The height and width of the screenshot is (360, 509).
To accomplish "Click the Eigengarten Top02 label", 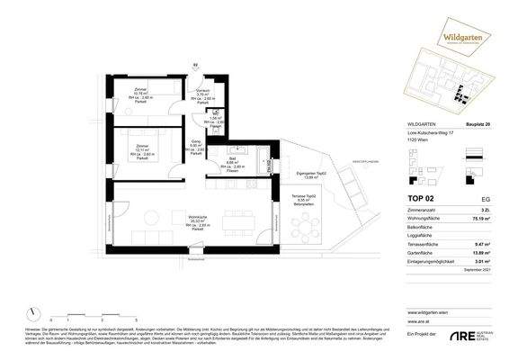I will click(288, 175).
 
